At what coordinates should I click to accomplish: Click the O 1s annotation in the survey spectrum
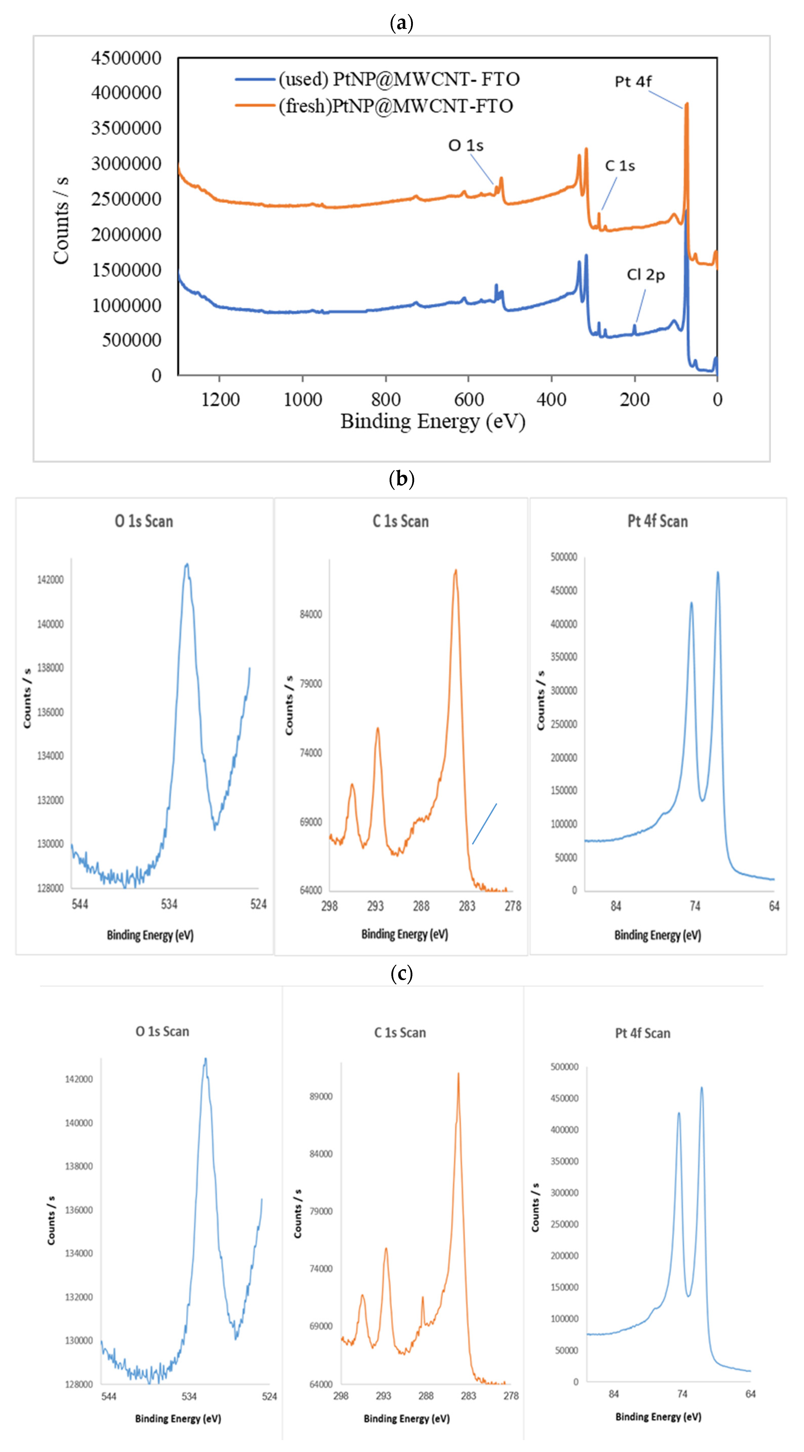click(x=465, y=145)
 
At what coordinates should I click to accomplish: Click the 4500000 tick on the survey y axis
click(x=126, y=58)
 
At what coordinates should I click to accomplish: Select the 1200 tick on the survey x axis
click(x=220, y=400)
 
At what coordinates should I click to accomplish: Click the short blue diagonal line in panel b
click(x=485, y=823)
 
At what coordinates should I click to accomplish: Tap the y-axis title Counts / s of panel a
click(x=61, y=220)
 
